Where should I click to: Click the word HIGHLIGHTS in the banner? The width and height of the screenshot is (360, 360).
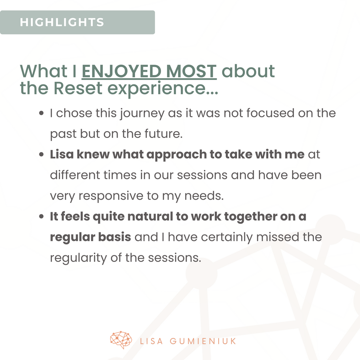[62, 22]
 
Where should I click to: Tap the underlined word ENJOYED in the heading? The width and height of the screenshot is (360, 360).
[122, 71]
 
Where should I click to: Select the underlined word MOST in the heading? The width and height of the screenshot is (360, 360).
[191, 71]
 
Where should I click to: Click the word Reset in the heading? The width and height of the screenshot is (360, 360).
[78, 88]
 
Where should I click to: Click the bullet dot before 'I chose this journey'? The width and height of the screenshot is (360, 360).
[41, 113]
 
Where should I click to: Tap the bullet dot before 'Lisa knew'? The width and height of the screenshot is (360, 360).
[41, 154]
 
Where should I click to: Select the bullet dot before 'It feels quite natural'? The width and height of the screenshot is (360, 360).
[41, 216]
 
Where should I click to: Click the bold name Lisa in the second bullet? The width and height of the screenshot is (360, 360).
[62, 154]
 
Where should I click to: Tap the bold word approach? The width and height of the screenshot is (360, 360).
[177, 155]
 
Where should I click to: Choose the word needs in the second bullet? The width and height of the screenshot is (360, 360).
[204, 196]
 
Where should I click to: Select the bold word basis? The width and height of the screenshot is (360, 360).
[114, 237]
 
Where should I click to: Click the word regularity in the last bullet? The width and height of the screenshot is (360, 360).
[79, 258]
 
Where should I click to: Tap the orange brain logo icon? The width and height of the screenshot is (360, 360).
[121, 340]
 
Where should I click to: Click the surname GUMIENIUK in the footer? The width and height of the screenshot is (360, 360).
[203, 341]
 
